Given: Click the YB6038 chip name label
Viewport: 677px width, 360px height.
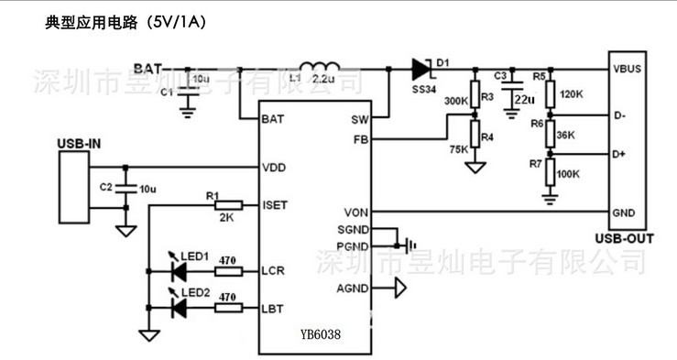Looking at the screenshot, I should (320, 335).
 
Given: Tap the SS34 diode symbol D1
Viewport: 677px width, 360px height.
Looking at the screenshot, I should (421, 67).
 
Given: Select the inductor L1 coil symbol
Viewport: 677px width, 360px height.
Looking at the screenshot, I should (320, 67).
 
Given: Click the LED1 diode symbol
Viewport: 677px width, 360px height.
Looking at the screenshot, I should (180, 270).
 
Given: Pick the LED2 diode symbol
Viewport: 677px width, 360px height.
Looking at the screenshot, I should (180, 308).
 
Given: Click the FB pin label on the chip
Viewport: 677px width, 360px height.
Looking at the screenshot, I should (361, 139).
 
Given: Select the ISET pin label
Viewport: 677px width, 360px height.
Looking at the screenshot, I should (275, 204).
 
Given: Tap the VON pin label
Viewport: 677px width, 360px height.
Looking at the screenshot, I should (357, 212).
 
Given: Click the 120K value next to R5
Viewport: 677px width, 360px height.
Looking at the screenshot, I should (572, 94).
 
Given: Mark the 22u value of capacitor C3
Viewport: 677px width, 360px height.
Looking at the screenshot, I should (524, 98).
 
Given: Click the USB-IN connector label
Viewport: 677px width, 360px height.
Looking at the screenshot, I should (79, 144).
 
